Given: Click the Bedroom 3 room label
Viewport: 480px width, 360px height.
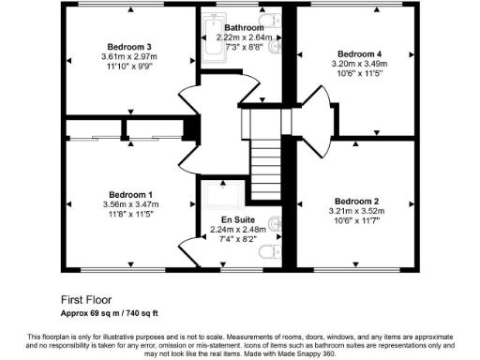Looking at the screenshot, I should click(129, 47).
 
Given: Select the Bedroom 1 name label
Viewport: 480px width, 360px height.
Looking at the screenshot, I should click(130, 194).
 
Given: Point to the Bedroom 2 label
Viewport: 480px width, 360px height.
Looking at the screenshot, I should click(356, 202).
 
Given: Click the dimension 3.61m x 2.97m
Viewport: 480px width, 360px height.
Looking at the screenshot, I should click(129, 57).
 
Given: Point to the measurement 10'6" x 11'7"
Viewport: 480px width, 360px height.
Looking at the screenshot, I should click(356, 222).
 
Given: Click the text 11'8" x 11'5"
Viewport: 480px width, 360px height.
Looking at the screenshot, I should click(130, 215).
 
